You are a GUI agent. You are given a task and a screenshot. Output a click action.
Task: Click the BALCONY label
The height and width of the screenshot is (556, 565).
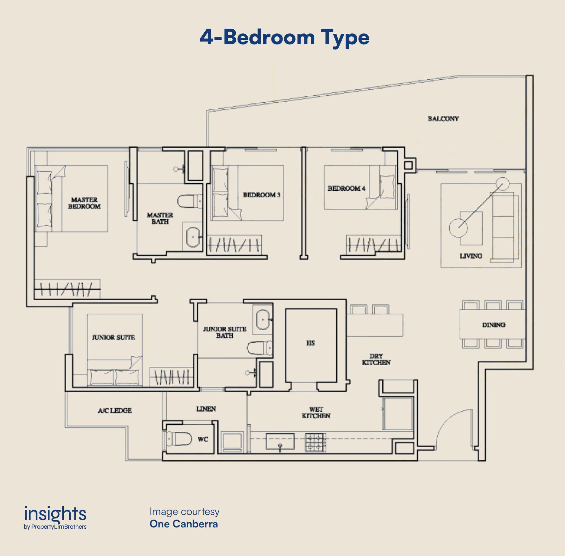coord(443,118)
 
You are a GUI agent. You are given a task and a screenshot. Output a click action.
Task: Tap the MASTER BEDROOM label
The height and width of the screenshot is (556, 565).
coord(84,203)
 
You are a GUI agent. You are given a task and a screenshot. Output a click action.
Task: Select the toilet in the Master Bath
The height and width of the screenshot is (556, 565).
coord(190,201)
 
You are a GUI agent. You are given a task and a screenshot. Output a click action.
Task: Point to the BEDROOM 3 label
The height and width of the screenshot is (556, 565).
coord(262,195)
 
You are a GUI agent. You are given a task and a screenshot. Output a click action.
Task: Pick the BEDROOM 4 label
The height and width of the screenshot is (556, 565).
coord(346,188)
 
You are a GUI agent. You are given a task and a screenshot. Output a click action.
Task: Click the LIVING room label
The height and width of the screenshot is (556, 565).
coord(471,256)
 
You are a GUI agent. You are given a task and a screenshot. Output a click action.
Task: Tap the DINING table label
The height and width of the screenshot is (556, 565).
coord(494,325)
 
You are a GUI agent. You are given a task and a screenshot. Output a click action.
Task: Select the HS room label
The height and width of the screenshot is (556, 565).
coord(310,343)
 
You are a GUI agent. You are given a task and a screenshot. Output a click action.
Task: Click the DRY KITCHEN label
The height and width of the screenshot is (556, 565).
coord(376,359)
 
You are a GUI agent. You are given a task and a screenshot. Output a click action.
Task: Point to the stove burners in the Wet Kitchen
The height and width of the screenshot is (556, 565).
coord(316,442)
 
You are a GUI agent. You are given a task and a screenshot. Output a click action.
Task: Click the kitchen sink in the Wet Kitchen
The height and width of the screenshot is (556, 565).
coord(280,441)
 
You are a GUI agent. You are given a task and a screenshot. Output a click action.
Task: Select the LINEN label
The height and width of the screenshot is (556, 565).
coord(206,409)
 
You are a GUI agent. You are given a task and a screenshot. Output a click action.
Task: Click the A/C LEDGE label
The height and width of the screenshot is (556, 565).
coord(115,410)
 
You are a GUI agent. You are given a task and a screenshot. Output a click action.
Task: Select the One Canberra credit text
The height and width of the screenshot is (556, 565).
coord(184,524)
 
